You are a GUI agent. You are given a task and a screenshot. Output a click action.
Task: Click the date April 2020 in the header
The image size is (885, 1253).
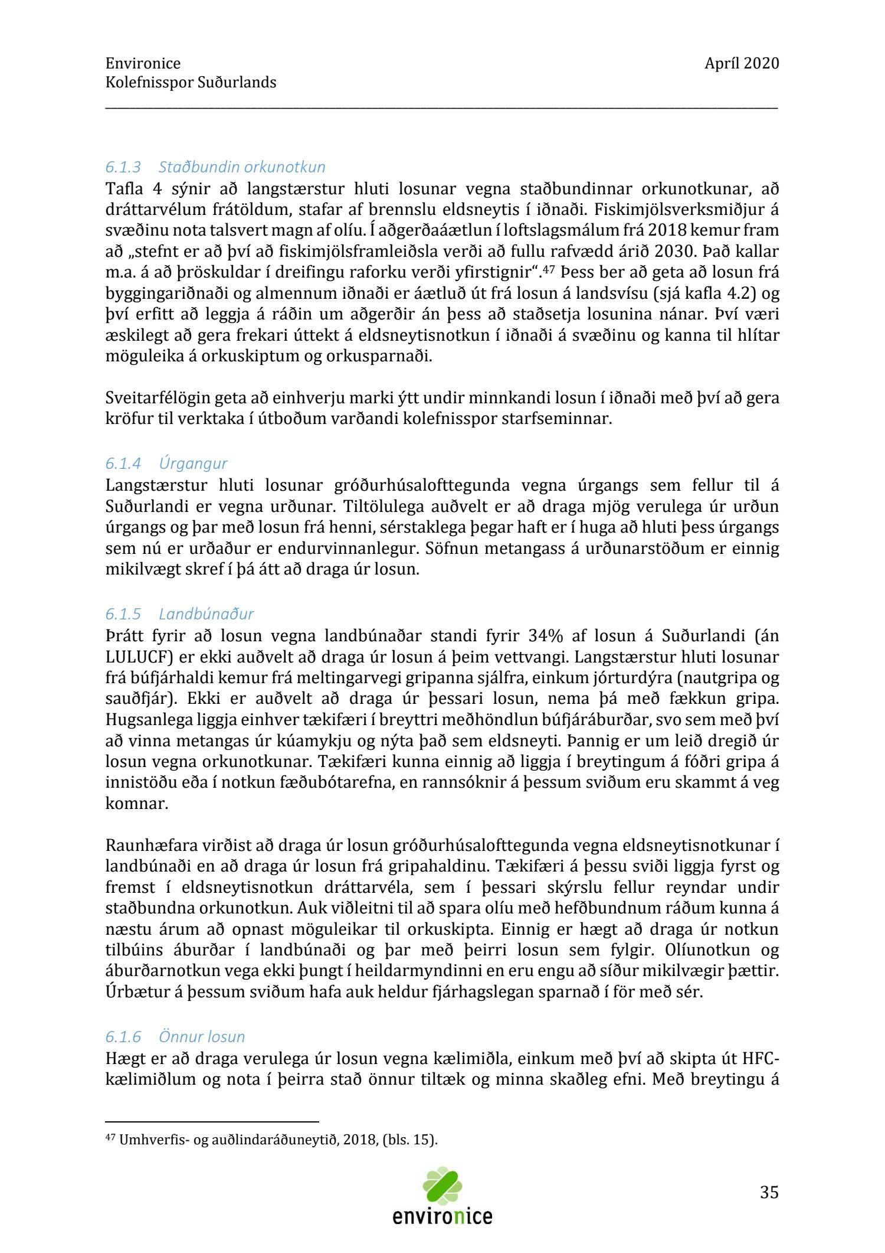pyautogui.click(x=741, y=64)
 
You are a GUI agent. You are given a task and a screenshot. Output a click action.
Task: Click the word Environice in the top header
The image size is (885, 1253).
pyautogui.click(x=143, y=64)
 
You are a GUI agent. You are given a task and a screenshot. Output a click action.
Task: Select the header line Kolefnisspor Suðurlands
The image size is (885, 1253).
pyautogui.click(x=191, y=83)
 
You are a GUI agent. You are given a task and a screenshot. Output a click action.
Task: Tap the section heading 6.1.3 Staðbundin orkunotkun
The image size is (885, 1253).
pyautogui.click(x=215, y=167)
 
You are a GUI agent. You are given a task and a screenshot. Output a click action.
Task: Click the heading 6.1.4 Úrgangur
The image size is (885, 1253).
pyautogui.click(x=166, y=464)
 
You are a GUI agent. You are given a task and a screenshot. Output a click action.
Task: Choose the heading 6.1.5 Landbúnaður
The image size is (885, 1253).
pyautogui.click(x=179, y=614)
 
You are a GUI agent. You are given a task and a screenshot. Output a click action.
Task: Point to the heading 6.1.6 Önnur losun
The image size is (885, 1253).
pyautogui.click(x=175, y=1037)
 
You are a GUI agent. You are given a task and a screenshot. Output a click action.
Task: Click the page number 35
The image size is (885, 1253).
pyautogui.click(x=769, y=1192)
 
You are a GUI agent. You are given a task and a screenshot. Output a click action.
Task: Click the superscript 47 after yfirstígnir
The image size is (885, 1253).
pyautogui.click(x=550, y=269)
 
